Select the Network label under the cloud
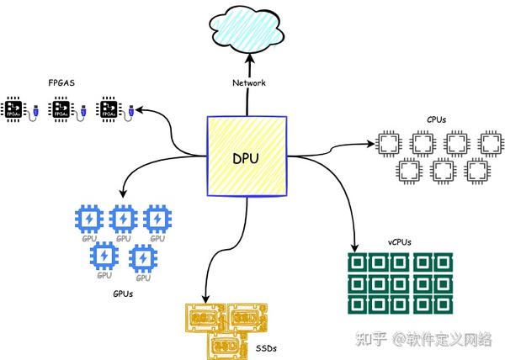click(248, 82)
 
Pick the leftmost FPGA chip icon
click(14, 109)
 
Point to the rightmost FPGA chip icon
click(108, 109)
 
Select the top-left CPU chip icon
click(387, 142)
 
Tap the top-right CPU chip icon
click(490, 142)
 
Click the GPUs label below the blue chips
click(122, 294)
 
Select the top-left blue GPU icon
click(88, 220)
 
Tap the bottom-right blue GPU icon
click(143, 257)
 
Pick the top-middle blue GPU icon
click(123, 220)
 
